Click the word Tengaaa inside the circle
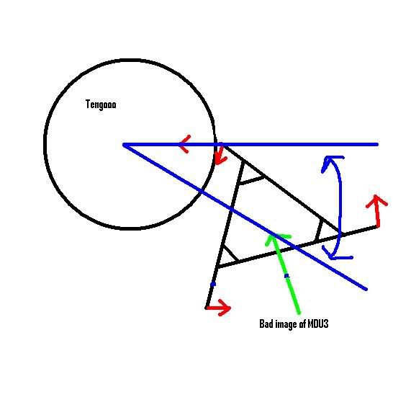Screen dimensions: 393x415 (x=101, y=104)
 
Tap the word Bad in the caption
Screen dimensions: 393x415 (x=266, y=323)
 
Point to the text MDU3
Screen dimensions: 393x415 (x=318, y=323)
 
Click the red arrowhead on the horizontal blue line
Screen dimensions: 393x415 (x=185, y=144)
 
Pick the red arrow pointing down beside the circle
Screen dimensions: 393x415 (x=221, y=155)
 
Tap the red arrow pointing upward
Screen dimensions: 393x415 (x=377, y=210)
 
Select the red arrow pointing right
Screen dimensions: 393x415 (x=218, y=308)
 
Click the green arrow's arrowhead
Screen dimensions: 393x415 (x=276, y=238)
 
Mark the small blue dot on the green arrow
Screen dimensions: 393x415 (x=286, y=276)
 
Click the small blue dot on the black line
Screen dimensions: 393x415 (x=213, y=285)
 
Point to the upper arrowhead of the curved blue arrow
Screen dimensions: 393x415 (x=330, y=162)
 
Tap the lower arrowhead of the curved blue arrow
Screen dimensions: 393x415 (x=335, y=254)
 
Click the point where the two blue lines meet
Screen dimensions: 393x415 (x=124, y=145)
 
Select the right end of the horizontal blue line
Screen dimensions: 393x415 (x=377, y=144)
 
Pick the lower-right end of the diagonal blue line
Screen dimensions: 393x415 (x=366, y=289)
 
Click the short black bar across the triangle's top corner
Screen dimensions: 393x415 (x=251, y=179)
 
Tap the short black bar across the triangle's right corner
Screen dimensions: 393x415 (x=319, y=230)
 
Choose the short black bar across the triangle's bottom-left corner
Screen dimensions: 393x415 (x=230, y=253)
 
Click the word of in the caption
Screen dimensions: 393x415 (x=303, y=323)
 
